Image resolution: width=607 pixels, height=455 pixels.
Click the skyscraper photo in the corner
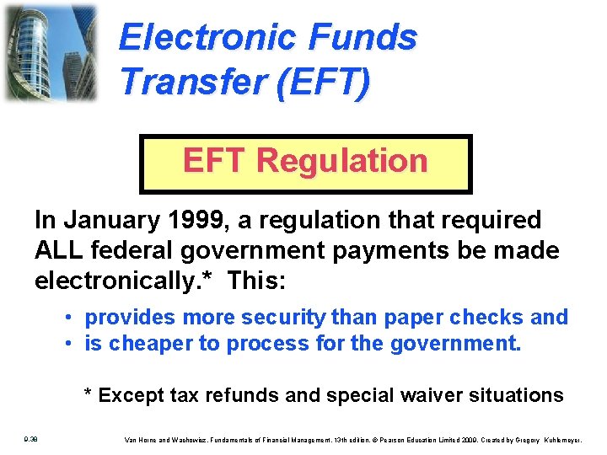coord(51,52)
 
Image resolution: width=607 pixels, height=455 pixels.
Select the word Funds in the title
coord(364,38)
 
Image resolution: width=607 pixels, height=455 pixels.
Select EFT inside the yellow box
coord(215,160)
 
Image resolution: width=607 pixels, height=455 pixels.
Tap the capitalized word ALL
coord(57,250)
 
